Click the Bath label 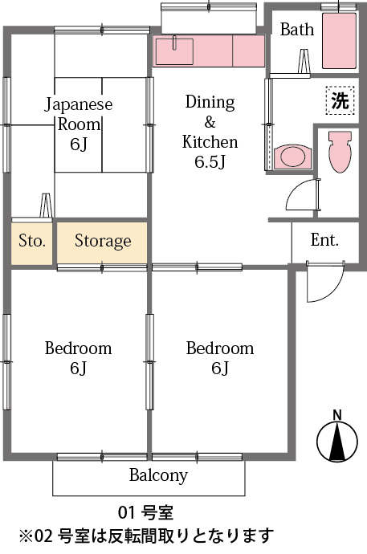pyautogui.click(x=296, y=30)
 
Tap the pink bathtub pyautogui.click(x=338, y=40)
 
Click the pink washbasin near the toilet pyautogui.click(x=292, y=155)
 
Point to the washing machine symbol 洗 pyautogui.click(x=340, y=101)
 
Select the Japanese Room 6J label pyautogui.click(x=78, y=124)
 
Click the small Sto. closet pyautogui.click(x=32, y=241)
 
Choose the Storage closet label pyautogui.click(x=103, y=241)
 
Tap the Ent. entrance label pyautogui.click(x=324, y=239)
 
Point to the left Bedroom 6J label pyautogui.click(x=78, y=358)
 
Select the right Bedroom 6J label pyautogui.click(x=219, y=358)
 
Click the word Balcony pyautogui.click(x=158, y=475)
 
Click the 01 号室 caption pyautogui.click(x=145, y=512)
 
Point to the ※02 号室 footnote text pyautogui.click(x=146, y=535)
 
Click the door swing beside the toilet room pyautogui.click(x=304, y=194)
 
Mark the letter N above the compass pyautogui.click(x=337, y=414)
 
